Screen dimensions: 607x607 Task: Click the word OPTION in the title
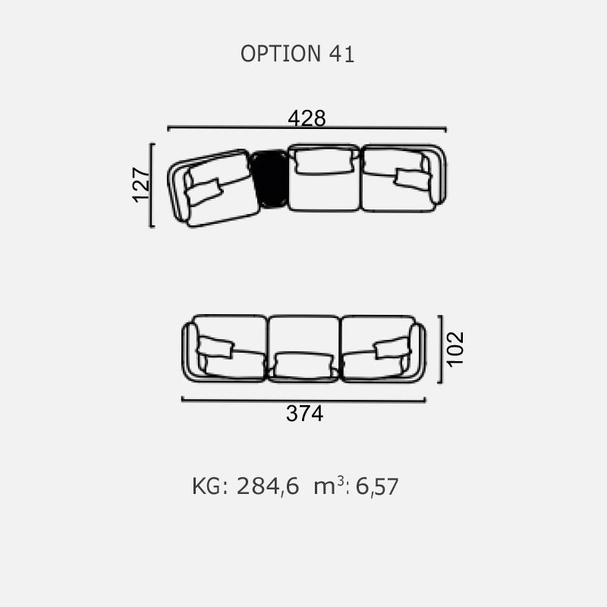281,54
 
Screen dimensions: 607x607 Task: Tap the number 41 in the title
342,54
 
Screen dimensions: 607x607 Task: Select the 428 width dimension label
307,118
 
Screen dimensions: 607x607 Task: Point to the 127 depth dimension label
141,184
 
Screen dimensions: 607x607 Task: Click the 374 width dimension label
305,414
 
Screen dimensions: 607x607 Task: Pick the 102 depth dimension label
455,348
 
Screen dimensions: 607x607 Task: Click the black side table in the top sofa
270,179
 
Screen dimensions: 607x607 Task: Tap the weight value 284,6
268,486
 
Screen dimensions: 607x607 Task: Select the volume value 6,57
377,486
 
